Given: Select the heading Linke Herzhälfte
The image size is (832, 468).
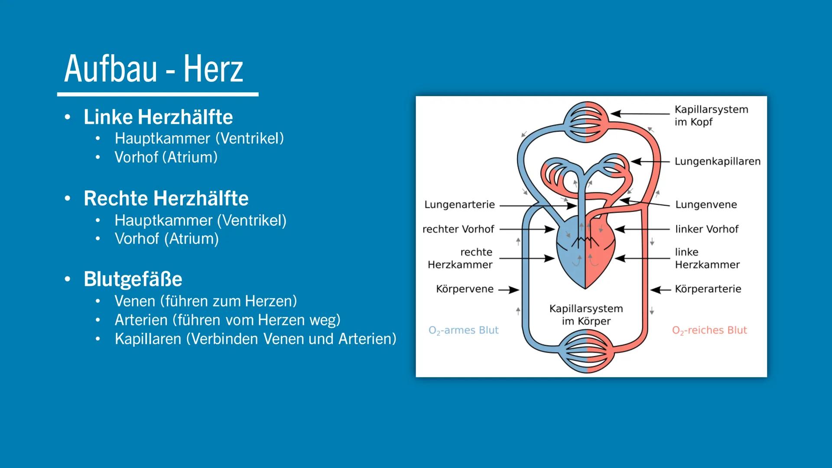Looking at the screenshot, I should tap(158, 117).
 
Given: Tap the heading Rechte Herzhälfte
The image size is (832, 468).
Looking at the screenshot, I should tap(166, 198).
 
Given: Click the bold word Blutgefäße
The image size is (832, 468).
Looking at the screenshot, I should tap(133, 279).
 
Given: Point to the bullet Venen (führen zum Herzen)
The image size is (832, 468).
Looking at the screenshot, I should tap(206, 301).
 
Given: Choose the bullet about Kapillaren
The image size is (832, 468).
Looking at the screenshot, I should tap(255, 339).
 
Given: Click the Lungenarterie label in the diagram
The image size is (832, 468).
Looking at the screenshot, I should tap(459, 205).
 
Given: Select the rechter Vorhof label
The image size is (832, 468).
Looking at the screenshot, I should tap(458, 229).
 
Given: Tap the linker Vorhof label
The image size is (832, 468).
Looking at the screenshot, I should tap(707, 229).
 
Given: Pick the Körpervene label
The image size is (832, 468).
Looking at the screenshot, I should tap(465, 289).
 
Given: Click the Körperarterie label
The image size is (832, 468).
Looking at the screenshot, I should tap(708, 289).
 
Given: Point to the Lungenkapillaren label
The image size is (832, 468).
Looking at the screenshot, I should tap(717, 162).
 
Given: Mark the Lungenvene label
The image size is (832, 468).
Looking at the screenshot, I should tap(706, 205).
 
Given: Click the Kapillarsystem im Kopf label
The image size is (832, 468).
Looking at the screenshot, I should tap(711, 116).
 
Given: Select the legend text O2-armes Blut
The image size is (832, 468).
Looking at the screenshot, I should tap(463, 331).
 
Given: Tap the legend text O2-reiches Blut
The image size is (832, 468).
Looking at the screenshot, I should tap(709, 331).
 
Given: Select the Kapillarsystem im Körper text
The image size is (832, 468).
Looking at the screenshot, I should tap(586, 315).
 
